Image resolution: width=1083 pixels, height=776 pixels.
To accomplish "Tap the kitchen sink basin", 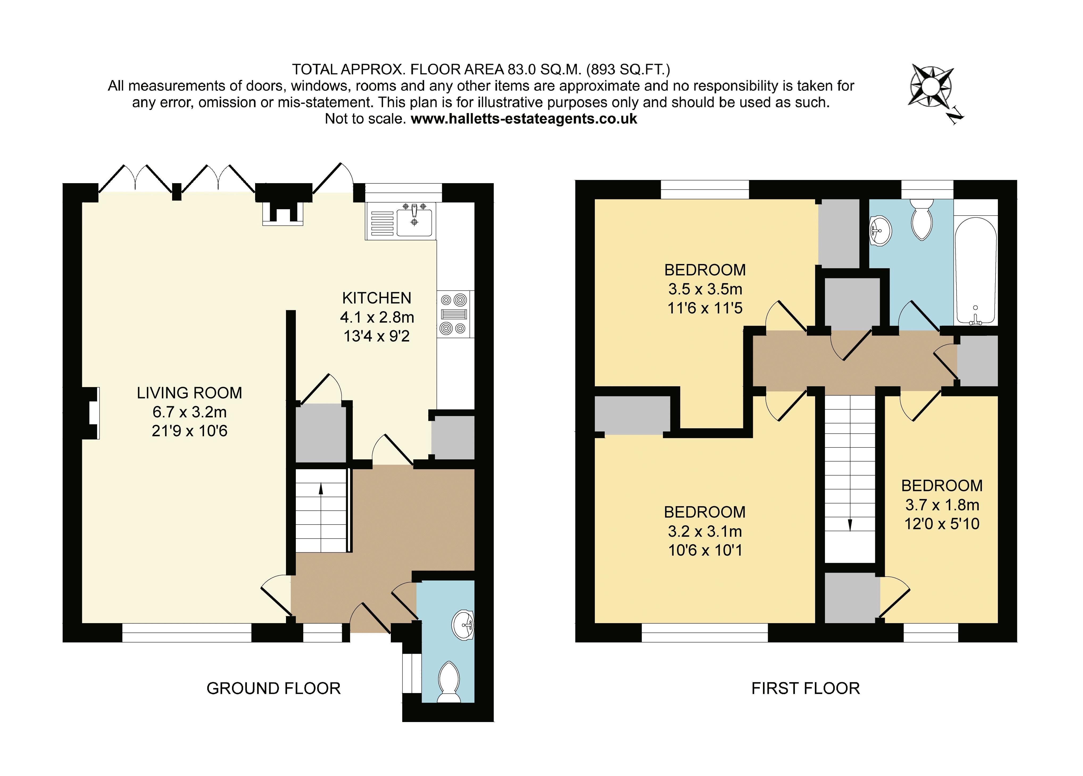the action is tap(414, 223).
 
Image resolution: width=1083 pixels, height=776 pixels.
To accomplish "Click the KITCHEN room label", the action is tap(377, 298).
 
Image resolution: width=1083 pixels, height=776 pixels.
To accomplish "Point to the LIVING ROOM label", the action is tap(190, 393).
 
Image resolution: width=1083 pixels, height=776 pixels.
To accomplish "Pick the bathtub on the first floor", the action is tap(976, 271).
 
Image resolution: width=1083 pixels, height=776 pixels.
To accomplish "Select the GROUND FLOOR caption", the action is tap(274, 688).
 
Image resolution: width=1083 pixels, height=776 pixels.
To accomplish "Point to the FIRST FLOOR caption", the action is tap(806, 688).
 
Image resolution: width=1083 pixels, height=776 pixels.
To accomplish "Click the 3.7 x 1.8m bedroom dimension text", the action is tap(942, 505).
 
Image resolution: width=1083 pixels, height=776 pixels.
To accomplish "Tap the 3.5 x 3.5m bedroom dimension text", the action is tap(705, 289).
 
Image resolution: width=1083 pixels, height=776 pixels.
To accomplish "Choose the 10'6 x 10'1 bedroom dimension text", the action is tap(705, 550).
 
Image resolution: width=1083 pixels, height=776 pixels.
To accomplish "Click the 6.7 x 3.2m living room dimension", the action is tap(190, 412).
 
